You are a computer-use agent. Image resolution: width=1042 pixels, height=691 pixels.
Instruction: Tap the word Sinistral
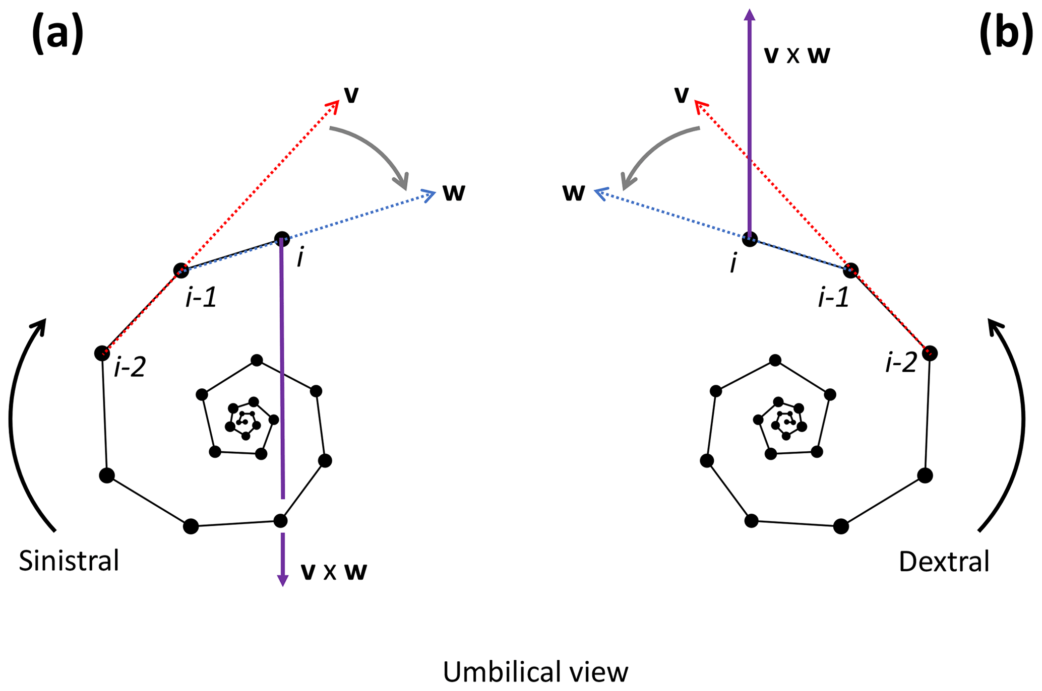click(x=69, y=561)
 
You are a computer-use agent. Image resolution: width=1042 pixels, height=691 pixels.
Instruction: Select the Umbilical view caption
click(x=535, y=671)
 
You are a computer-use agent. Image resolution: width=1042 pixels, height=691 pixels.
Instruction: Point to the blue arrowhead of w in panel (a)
click(x=430, y=194)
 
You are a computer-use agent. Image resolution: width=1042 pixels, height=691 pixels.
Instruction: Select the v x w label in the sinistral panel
click(x=334, y=571)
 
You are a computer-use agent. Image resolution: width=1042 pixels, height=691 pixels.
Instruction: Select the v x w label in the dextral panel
click(x=797, y=54)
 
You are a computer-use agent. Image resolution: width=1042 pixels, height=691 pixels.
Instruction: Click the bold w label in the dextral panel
click(x=574, y=192)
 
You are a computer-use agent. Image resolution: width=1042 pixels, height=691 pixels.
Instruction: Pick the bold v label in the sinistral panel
click(x=351, y=94)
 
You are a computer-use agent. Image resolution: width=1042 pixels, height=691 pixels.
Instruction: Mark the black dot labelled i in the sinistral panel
click(x=282, y=239)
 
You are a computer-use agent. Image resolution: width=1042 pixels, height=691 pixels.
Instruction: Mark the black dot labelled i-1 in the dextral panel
click(x=851, y=270)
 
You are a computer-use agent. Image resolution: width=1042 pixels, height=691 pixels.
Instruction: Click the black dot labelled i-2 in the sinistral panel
click(x=102, y=353)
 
